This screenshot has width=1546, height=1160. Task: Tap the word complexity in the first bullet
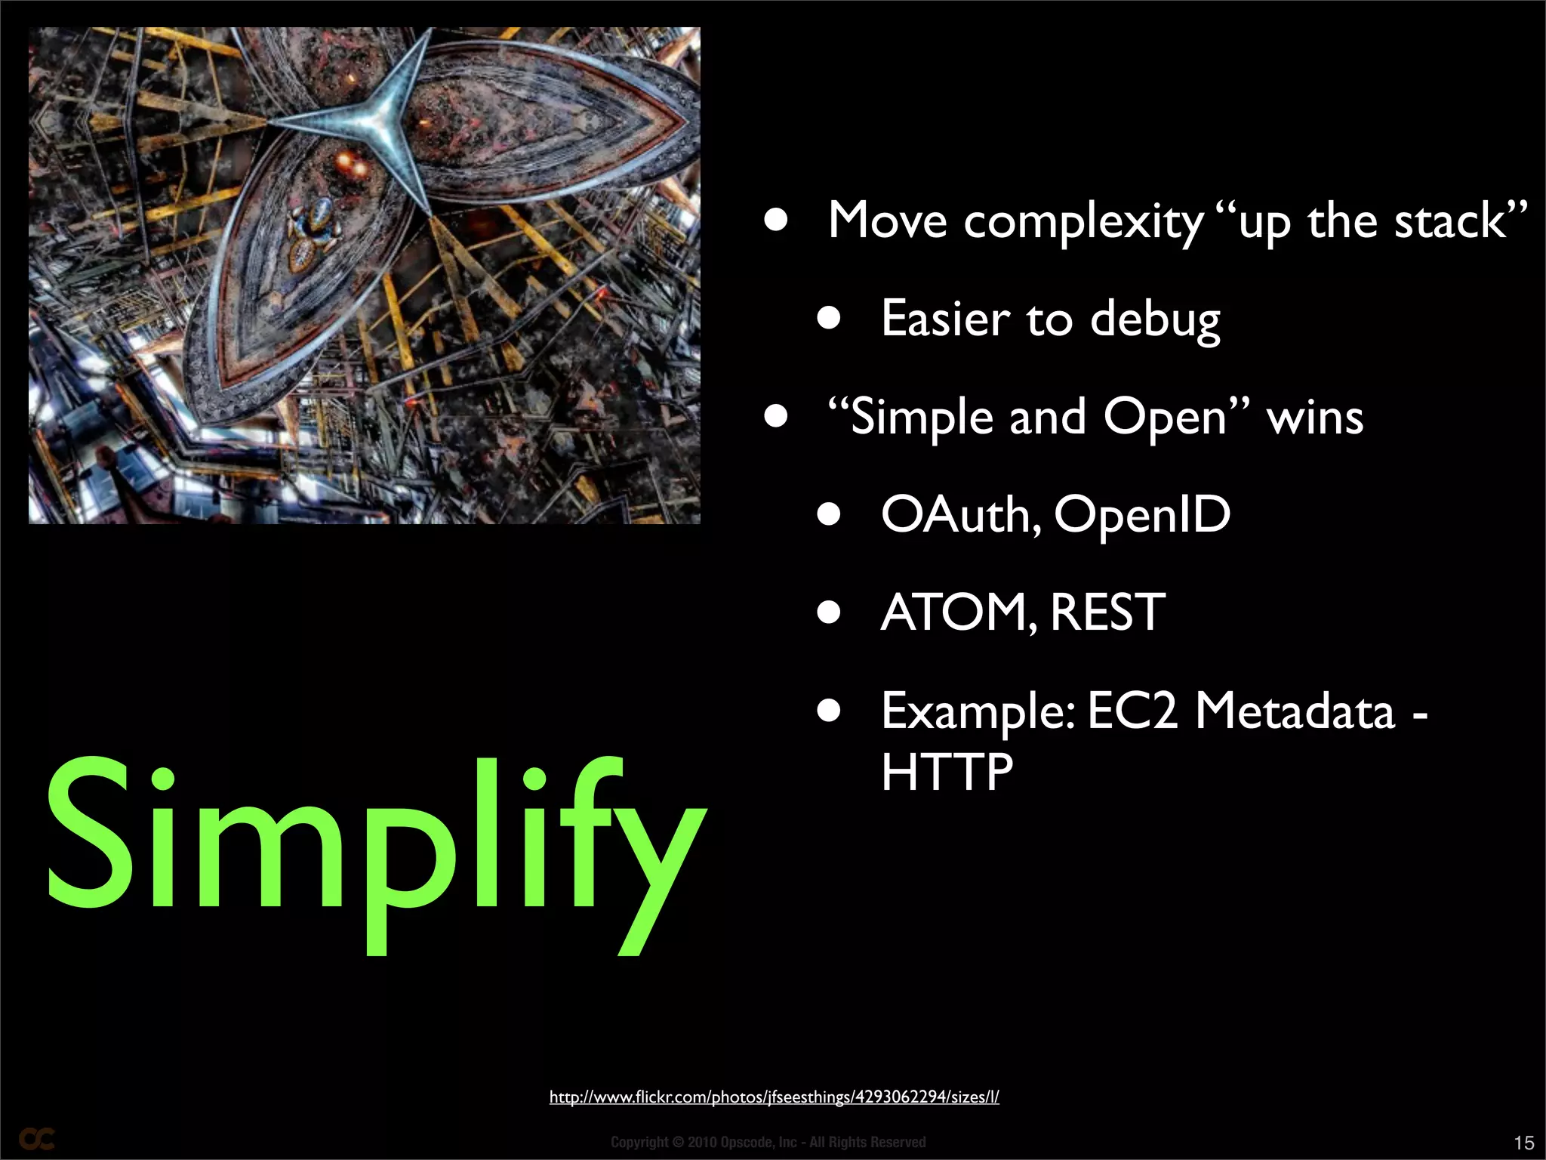point(1083,223)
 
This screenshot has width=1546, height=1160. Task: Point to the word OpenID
point(1141,515)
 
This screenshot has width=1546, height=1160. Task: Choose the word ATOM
point(953,612)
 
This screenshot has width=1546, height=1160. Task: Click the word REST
point(1107,612)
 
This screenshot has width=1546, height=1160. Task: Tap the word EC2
point(1132,711)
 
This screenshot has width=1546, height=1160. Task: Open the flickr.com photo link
point(774,1097)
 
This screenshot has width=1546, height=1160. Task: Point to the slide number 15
point(1523,1143)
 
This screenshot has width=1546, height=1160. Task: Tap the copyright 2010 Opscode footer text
point(768,1143)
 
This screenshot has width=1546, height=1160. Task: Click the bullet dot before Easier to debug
point(828,319)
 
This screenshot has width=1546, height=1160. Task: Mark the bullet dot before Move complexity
point(775,221)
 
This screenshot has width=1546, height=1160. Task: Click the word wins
point(1315,418)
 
